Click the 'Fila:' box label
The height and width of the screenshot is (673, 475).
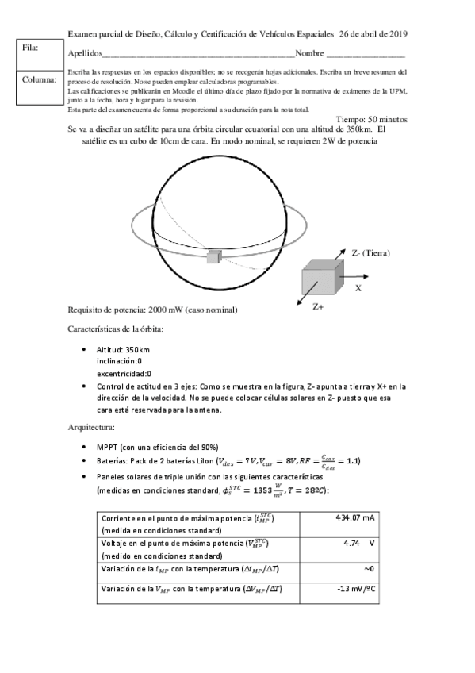pos(31,48)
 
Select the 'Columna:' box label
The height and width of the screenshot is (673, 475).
pos(40,79)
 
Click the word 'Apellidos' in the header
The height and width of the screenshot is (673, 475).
pos(86,53)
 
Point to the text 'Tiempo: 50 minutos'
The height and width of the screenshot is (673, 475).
pos(372,118)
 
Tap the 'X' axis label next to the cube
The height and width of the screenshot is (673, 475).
pos(358,289)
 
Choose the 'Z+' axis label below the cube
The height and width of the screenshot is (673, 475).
pos(318,306)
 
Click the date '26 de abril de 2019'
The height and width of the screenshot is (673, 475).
pos(373,34)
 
